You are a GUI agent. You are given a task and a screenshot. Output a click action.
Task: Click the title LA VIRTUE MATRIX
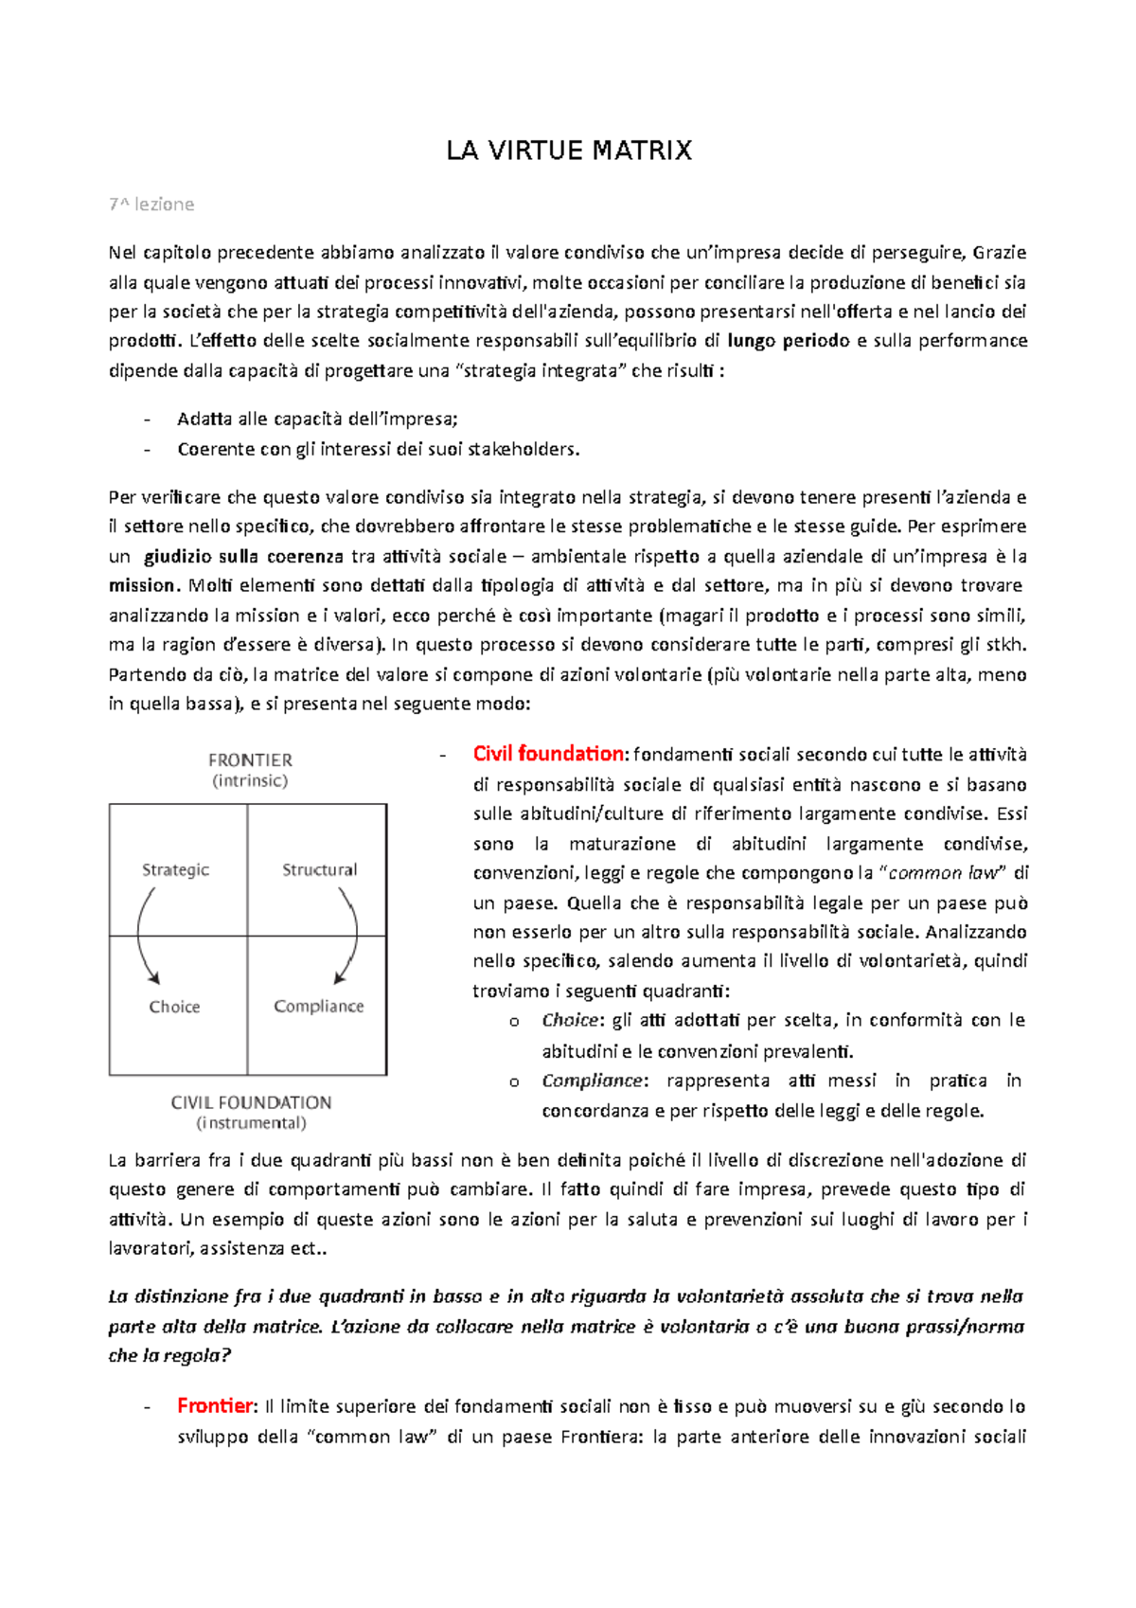coord(569,151)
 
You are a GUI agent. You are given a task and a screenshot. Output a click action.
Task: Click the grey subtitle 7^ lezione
coord(151,205)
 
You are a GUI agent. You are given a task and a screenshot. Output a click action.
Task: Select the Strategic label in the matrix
coord(175,869)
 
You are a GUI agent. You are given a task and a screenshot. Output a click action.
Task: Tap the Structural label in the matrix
coord(319,869)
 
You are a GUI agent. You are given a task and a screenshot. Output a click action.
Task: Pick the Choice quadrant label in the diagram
coord(174,1007)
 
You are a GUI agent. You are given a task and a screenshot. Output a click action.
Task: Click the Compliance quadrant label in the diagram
coord(318,1006)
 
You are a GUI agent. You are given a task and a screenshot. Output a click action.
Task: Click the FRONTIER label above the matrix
coord(250,760)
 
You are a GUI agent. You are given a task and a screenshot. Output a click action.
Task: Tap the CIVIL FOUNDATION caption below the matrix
coord(251,1102)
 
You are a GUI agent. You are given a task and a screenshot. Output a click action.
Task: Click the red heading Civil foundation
coord(548,754)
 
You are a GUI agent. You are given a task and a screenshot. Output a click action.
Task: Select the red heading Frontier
coord(215,1405)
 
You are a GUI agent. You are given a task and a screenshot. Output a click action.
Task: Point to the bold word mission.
coord(142,585)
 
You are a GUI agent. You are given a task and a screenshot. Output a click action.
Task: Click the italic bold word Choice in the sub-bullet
coord(570,1021)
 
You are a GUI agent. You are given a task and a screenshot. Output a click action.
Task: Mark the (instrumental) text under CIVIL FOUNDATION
coord(251,1123)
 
